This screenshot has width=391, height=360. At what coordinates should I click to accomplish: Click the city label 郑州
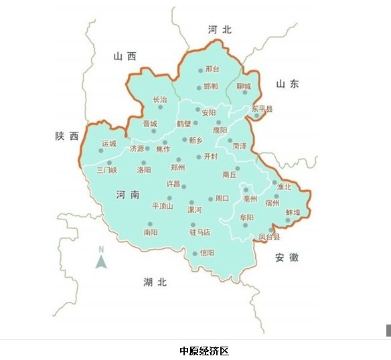coord(177,167)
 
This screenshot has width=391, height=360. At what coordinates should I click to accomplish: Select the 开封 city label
coord(211,157)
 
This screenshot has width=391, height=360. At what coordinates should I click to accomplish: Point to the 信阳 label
coord(208,253)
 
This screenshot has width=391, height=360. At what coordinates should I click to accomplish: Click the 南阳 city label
coord(151,232)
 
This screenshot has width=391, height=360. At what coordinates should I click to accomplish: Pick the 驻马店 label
coord(200,232)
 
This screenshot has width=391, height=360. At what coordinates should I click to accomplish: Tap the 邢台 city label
coord(212,69)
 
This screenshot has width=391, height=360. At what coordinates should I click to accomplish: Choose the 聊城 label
coord(244,86)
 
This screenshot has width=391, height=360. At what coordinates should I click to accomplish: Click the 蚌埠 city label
coord(293,212)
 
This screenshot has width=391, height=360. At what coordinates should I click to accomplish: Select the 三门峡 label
coord(106,170)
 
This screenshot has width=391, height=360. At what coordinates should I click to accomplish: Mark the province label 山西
coord(125,56)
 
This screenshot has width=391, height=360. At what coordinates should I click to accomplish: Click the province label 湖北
coord(155,282)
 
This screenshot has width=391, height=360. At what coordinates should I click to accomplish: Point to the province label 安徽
coord(286,258)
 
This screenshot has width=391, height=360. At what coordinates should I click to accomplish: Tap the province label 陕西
coord(67,136)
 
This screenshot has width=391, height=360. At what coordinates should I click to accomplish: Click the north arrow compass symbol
coord(101,258)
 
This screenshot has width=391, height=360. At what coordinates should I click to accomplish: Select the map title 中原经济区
coord(204,351)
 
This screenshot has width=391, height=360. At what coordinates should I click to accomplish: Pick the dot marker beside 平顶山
coord(169,198)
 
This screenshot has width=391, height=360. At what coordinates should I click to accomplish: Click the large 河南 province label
coord(127,195)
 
